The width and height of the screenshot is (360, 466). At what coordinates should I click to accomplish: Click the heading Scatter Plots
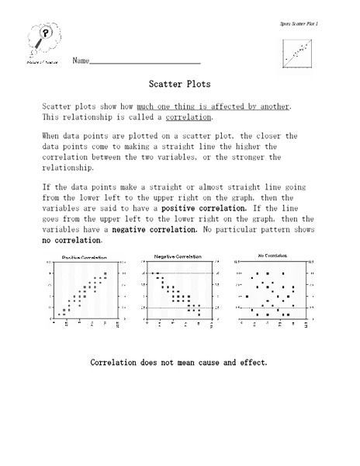tap(179, 80)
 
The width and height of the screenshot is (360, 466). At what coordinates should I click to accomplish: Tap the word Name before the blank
tap(81, 61)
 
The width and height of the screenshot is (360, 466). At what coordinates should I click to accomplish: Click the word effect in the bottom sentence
tap(252, 362)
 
